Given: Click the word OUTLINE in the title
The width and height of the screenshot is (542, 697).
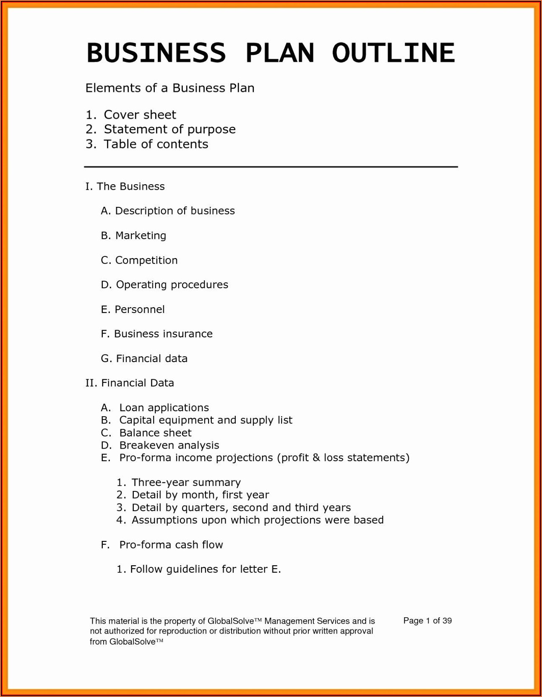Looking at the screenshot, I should tap(393, 53).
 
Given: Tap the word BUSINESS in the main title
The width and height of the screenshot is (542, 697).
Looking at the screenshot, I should tap(156, 53).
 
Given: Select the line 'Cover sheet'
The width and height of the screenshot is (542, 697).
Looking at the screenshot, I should tap(140, 115).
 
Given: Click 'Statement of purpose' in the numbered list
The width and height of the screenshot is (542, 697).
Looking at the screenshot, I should tap(169, 129).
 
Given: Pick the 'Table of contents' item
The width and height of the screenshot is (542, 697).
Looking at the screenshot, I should tap(156, 144).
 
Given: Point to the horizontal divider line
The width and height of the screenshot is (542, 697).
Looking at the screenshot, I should tap(271, 167).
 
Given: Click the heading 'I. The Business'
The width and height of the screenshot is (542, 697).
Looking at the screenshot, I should tap(125, 186).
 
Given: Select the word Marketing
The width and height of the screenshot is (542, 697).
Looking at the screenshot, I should tap(141, 235).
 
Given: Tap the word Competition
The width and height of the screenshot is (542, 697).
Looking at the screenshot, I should tap(146, 260).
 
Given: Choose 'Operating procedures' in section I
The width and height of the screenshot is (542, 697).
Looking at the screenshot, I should tap(172, 285).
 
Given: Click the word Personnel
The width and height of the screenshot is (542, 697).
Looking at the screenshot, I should tap(139, 309).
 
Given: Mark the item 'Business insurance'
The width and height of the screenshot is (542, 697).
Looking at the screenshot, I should tap(163, 334).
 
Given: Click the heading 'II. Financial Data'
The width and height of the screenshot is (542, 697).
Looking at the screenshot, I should tap(130, 383).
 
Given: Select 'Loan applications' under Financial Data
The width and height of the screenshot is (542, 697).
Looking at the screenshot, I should tap(164, 407).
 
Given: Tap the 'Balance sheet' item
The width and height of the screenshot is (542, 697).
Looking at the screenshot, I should tap(155, 433).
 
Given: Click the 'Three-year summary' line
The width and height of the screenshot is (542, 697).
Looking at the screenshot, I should tap(186, 482).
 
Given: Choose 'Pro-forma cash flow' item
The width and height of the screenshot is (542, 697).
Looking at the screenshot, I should tap(171, 545).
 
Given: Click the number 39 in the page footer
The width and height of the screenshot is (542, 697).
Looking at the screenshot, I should tap(447, 621).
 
